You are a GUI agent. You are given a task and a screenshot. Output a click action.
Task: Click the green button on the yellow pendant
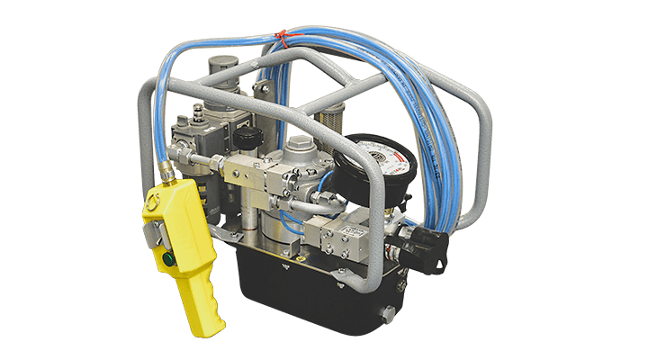click(168, 259)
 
